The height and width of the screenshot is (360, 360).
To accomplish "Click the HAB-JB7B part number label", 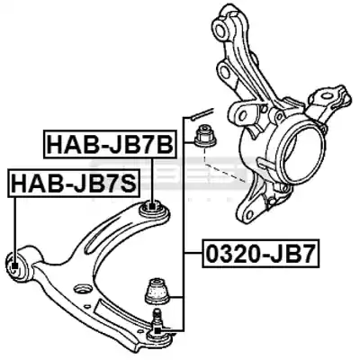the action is [109, 144].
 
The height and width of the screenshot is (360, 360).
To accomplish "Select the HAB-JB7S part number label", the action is [75, 183].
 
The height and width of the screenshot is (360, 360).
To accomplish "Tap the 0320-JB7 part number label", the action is [261, 254].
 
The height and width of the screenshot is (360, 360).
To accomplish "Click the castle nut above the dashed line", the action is [206, 138].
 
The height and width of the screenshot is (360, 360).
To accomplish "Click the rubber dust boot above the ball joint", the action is [157, 290].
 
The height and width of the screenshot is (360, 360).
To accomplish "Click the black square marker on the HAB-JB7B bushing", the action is [153, 207].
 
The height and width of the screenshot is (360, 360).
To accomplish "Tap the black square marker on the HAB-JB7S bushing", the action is [14, 265].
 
